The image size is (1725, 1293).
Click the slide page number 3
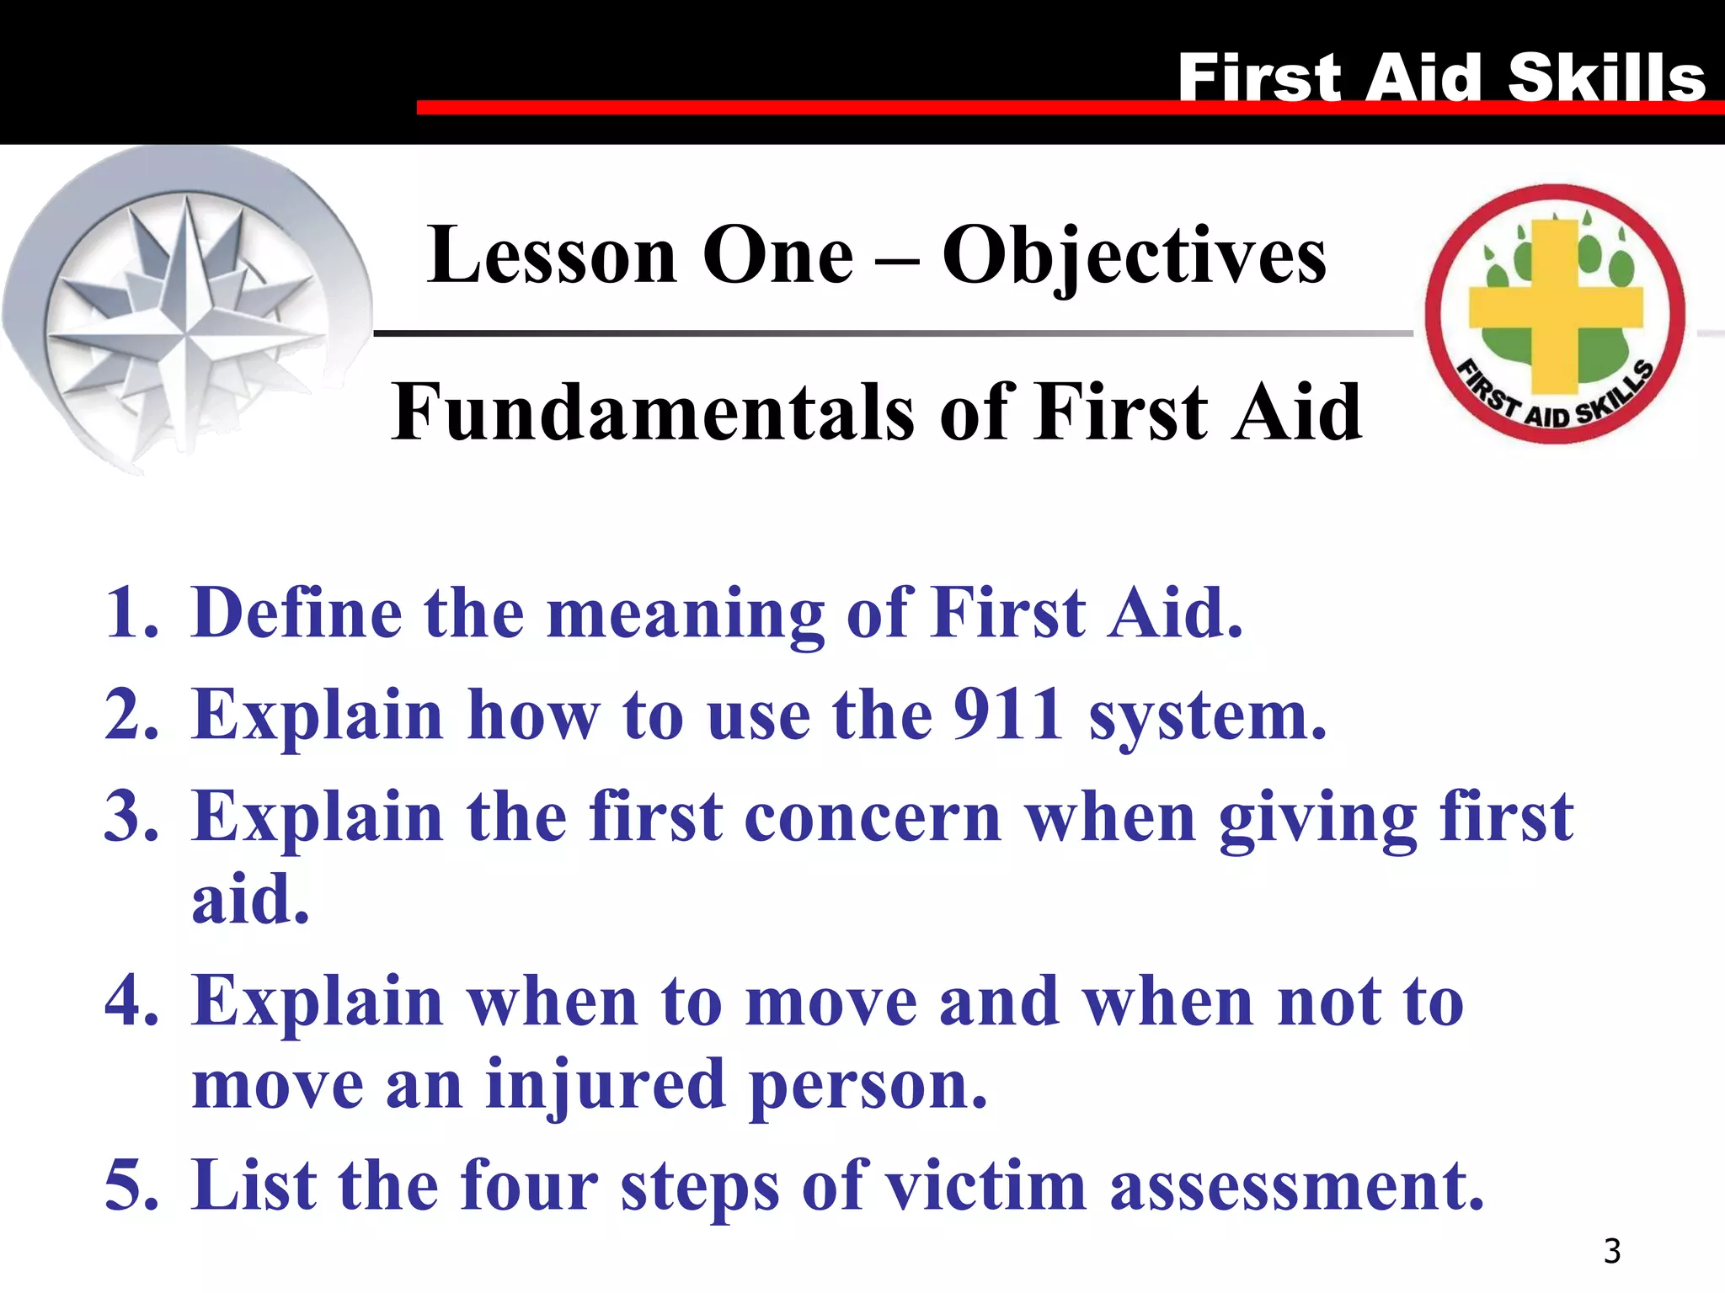(1611, 1251)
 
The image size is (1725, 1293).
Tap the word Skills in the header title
(1605, 77)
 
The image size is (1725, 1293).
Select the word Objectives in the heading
(1133, 256)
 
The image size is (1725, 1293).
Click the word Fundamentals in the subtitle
(652, 412)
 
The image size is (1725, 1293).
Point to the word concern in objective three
(873, 817)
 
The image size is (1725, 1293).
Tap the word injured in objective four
(605, 1084)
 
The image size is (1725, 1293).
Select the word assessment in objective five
(1296, 1185)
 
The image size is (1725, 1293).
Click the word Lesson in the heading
(552, 256)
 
